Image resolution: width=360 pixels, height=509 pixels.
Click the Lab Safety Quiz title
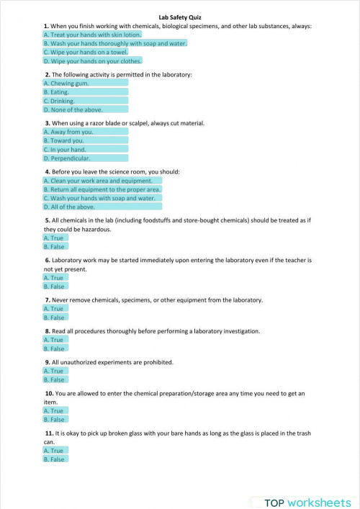coord(180,15)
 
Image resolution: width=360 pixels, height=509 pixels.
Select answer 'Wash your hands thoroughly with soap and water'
coord(115,43)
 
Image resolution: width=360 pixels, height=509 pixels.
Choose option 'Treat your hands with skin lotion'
coord(93,34)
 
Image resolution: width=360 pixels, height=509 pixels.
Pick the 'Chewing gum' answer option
coord(85,82)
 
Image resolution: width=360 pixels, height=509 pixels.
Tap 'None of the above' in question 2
coord(85,110)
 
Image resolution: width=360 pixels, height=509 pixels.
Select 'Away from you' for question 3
coord(85,132)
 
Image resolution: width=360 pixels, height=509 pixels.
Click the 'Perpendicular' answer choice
coord(85,158)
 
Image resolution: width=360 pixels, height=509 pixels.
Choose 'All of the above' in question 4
coord(102,207)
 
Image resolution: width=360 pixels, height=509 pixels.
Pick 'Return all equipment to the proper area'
coord(102,189)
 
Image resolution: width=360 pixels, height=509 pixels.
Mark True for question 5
coord(55,238)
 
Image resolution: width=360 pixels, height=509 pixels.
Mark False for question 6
coord(55,287)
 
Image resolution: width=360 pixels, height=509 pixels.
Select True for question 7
coord(55,308)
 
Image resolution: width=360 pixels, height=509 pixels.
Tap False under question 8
coord(55,348)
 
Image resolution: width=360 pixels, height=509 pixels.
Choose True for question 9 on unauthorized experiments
coord(55,371)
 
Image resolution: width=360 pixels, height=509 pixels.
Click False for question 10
coord(55,419)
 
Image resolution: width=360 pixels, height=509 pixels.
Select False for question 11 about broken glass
coord(55,459)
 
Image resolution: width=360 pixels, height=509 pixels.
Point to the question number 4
coord(47,172)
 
